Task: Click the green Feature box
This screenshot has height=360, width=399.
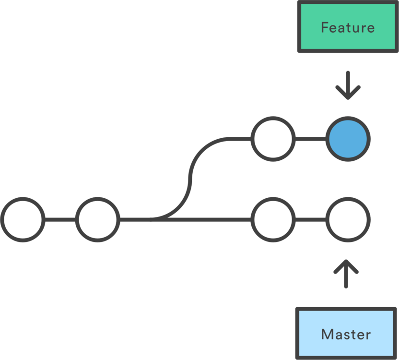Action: pos(347,27)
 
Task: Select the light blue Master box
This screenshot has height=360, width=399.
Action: pos(345,334)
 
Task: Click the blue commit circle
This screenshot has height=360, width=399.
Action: pos(348,139)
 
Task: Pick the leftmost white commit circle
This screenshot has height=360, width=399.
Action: pos(23,220)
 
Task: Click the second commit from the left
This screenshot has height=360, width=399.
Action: pos(98,220)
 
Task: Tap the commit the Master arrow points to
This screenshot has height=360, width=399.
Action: pos(348,220)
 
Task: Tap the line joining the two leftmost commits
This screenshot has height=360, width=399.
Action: pos(60,220)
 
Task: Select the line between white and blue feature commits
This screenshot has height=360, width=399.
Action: pos(310,139)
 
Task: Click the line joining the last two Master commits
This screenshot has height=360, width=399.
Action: pos(310,220)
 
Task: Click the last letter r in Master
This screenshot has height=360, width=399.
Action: pos(368,336)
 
